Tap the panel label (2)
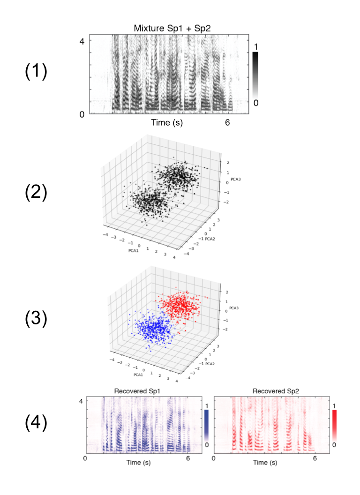(x=36, y=193)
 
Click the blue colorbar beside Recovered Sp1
(x=207, y=425)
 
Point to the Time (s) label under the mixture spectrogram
(x=166, y=123)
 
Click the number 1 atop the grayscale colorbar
(x=255, y=47)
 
